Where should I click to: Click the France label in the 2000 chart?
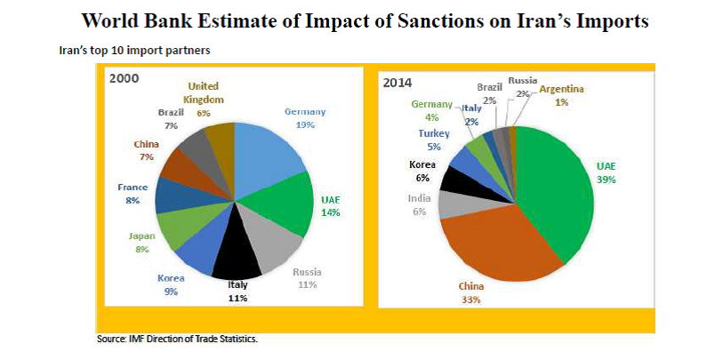click(x=133, y=188)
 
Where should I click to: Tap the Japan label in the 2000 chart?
click(x=141, y=236)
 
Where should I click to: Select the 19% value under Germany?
click(x=305, y=124)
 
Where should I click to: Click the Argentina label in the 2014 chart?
click(x=561, y=89)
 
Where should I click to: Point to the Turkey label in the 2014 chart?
click(x=434, y=133)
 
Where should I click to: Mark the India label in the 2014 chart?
click(x=419, y=198)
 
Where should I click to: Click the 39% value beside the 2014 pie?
click(x=606, y=180)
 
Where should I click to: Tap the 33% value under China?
click(x=470, y=300)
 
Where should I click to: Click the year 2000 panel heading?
click(x=124, y=78)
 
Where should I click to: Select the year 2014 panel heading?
click(x=398, y=83)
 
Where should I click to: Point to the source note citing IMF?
click(x=177, y=339)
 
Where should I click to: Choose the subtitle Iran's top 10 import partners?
click(x=135, y=50)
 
